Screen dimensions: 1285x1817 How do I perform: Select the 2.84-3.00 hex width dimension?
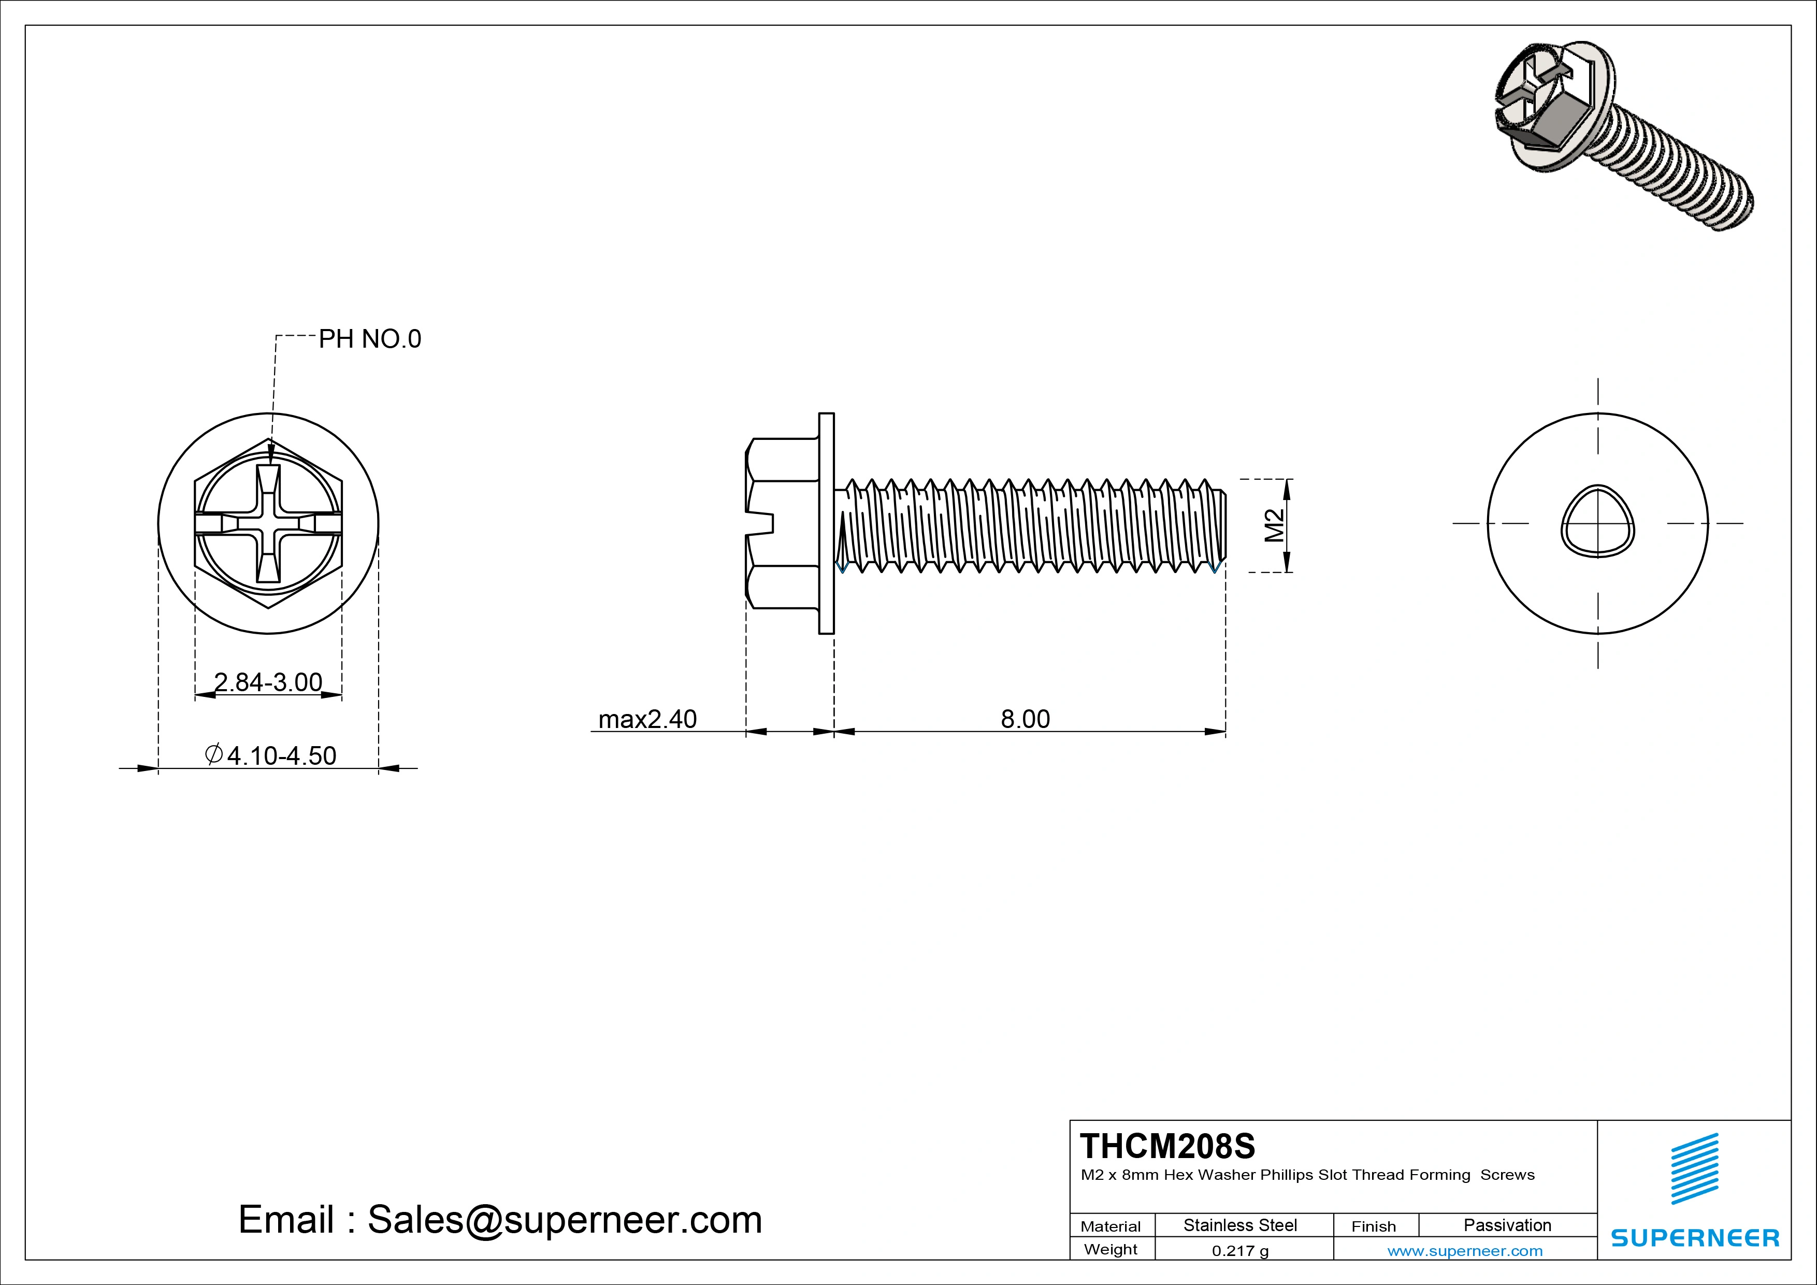268,682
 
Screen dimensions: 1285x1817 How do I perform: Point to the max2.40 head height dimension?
647,719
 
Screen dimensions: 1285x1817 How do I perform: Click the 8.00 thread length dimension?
1025,719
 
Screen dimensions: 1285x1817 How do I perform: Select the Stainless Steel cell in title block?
1240,1225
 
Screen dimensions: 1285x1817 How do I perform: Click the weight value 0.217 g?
1240,1251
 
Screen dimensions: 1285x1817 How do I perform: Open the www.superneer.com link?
1465,1251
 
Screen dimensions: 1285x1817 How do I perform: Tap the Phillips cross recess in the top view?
268,524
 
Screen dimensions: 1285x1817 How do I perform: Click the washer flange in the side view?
826,523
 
